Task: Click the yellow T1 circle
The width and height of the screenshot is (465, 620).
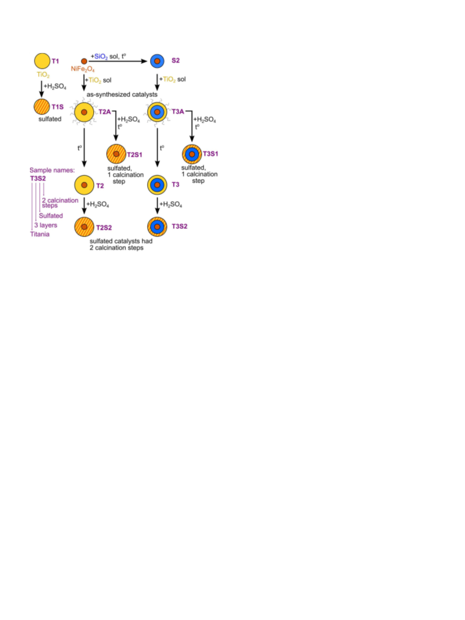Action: pyautogui.click(x=42, y=61)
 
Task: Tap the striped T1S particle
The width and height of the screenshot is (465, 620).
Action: pyautogui.click(x=42, y=107)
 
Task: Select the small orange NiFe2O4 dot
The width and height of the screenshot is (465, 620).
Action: pyautogui.click(x=84, y=61)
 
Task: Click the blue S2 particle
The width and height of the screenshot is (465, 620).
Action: pyautogui.click(x=157, y=61)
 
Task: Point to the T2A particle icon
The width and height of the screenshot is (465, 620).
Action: pyautogui.click(x=84, y=112)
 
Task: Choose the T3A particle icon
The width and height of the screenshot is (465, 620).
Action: pyautogui.click(x=157, y=112)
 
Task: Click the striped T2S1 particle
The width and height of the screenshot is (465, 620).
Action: pyautogui.click(x=116, y=154)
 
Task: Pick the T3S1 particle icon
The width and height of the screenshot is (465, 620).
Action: pyautogui.click(x=192, y=154)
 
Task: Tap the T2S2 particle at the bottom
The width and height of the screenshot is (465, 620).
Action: pyautogui.click(x=84, y=227)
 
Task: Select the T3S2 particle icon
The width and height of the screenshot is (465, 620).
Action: pyautogui.click(x=157, y=226)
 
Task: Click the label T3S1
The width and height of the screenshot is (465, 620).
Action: pyautogui.click(x=211, y=154)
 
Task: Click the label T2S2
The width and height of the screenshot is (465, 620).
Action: pyautogui.click(x=104, y=228)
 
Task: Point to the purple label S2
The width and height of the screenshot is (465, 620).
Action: pyautogui.click(x=175, y=60)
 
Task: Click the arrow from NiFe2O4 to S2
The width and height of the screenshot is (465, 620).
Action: pyautogui.click(x=118, y=61)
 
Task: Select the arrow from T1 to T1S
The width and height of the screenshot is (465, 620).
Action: pyautogui.click(x=42, y=89)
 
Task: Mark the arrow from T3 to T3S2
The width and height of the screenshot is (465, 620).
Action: pyautogui.click(x=157, y=206)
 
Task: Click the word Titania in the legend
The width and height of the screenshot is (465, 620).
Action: pyautogui.click(x=40, y=234)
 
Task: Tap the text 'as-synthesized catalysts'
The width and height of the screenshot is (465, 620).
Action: pyautogui.click(x=122, y=94)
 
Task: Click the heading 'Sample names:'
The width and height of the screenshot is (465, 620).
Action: pyautogui.click(x=52, y=170)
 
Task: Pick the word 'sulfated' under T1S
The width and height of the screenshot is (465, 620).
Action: pyautogui.click(x=50, y=119)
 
